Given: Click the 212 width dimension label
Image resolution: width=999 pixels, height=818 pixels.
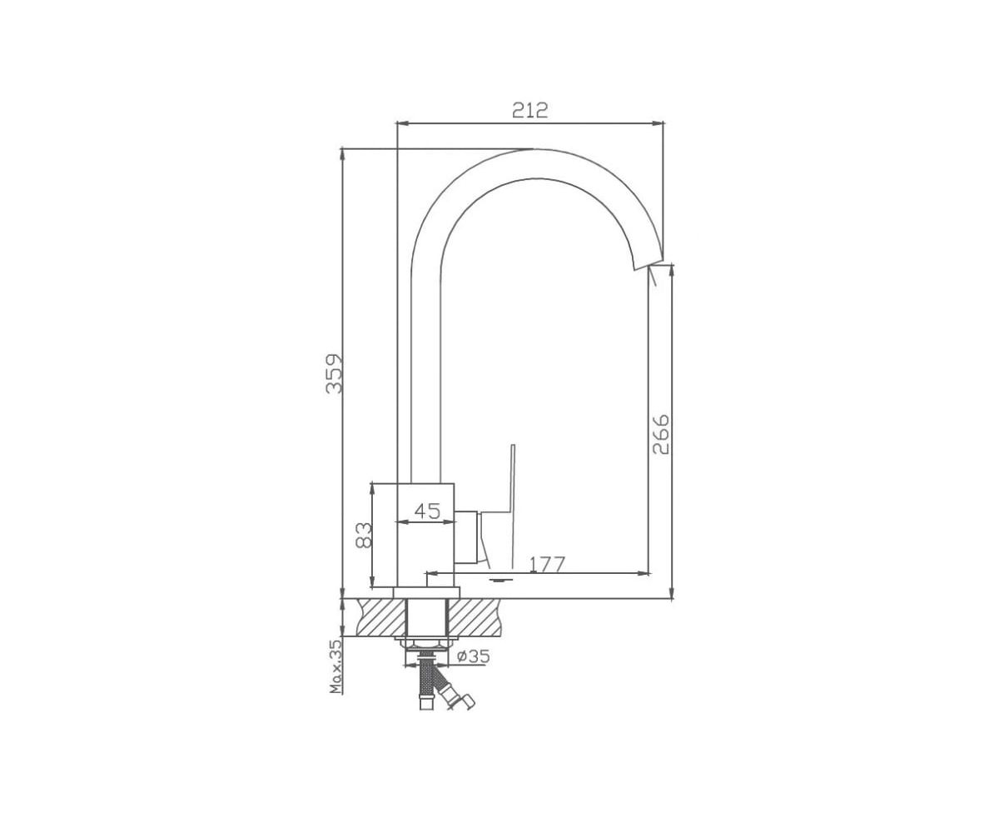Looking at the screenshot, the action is [x=529, y=110].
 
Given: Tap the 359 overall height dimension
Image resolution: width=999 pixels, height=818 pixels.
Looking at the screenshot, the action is [x=334, y=373].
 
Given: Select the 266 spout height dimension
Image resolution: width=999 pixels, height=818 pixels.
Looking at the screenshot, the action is [x=661, y=434].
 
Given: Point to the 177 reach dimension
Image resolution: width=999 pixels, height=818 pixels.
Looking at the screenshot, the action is [x=547, y=565].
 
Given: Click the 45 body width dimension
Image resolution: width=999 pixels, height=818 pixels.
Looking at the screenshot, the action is [x=427, y=511].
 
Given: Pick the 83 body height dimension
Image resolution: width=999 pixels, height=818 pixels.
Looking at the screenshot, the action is [x=364, y=535].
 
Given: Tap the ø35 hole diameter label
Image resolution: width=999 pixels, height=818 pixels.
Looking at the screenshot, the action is [x=474, y=656].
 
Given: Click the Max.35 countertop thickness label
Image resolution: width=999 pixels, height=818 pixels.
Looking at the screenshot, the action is [x=335, y=667].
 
